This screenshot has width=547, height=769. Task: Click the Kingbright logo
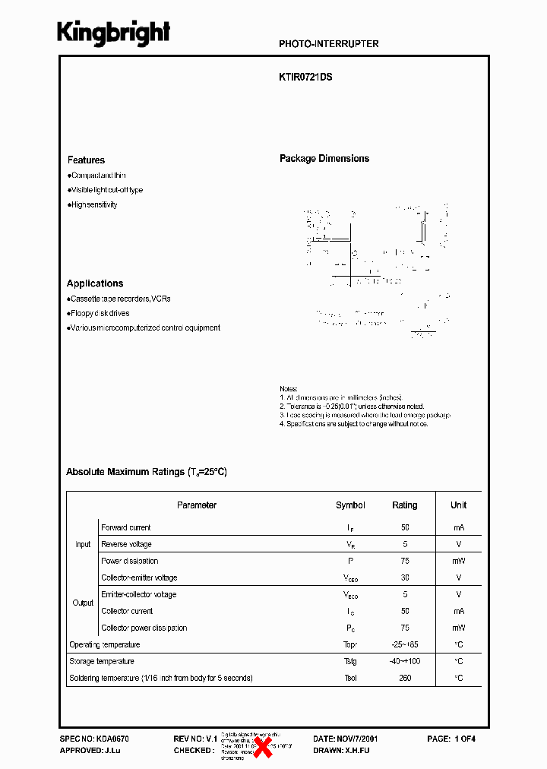[x=114, y=33]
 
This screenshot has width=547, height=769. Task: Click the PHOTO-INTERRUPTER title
[x=328, y=44]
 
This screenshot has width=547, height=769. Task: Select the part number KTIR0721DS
[x=305, y=77]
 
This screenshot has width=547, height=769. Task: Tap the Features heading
[x=86, y=160]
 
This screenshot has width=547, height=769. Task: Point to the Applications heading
[x=95, y=283]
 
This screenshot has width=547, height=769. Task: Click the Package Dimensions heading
[x=324, y=159]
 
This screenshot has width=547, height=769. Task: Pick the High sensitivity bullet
[x=93, y=205]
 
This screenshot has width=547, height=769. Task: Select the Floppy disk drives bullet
[x=99, y=313]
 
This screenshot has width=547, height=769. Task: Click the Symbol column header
[x=350, y=505]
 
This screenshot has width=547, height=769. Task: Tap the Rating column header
[x=404, y=505]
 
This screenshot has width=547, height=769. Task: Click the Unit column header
[x=458, y=505]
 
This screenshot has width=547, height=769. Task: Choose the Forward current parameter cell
[x=126, y=527]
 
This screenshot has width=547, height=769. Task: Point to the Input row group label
[x=83, y=544]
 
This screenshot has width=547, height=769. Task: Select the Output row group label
[x=83, y=603]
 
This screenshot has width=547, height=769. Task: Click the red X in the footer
[x=263, y=747]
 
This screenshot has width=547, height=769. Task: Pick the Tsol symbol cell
[x=350, y=678]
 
